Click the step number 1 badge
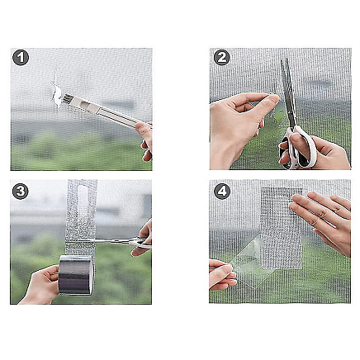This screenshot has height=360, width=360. click(21, 58)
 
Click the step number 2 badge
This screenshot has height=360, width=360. click(222, 58)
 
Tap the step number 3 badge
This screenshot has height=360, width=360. click(21, 192)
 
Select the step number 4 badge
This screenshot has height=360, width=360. click(222, 192)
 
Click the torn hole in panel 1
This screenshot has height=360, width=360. click(57, 94)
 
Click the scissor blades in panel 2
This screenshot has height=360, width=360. click(288, 92)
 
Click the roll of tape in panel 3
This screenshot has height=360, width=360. click(76, 275)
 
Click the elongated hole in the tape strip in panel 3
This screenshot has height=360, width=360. click(83, 202)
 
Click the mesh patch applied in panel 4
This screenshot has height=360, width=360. click(282, 229)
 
